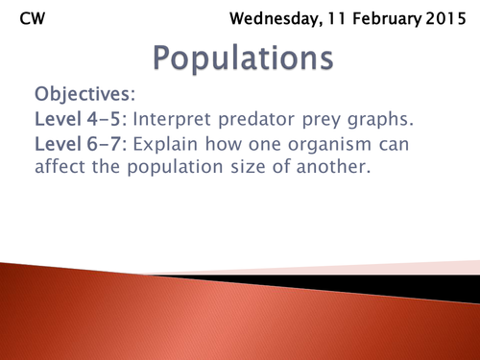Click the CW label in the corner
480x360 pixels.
coord(31,17)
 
